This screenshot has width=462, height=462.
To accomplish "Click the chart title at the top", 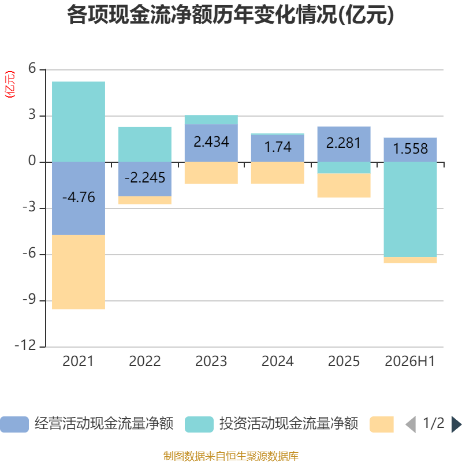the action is [x=230, y=15].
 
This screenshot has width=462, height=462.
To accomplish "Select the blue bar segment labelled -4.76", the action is [x=79, y=198].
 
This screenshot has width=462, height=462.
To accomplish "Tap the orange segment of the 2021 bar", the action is [x=79, y=272].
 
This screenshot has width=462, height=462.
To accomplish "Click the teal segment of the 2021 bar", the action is [x=79, y=122].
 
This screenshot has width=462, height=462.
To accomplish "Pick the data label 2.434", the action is [x=211, y=141].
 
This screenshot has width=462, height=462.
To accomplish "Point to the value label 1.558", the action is [x=411, y=148].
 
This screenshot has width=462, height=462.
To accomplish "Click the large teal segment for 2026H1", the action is [x=410, y=210].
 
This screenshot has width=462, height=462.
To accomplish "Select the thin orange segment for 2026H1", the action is [x=410, y=260].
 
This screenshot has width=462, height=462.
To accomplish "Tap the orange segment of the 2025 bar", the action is [x=344, y=185].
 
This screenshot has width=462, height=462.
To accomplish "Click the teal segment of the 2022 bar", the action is [x=145, y=144].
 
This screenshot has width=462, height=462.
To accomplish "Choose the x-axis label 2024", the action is [x=278, y=362].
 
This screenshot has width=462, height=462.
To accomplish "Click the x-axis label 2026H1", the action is [x=410, y=362].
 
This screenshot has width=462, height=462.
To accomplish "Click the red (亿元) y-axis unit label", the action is [x=10, y=84].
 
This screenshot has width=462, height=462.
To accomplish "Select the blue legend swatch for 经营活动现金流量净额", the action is [x=14, y=424].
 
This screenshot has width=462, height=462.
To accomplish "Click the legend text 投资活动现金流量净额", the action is [x=288, y=424].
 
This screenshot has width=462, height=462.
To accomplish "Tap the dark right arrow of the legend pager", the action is [x=457, y=424].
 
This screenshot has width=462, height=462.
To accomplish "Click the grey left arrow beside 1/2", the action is [x=411, y=424].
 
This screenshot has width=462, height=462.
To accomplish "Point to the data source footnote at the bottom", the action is [x=231, y=456].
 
